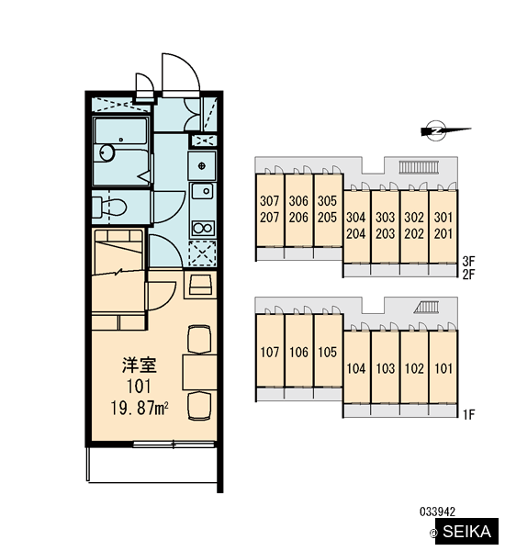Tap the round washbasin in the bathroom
tap(107, 152)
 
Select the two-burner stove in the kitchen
tap(203, 229)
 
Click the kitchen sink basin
tap(202, 192)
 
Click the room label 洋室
tap(140, 365)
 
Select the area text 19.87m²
tap(140, 408)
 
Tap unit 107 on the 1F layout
tap(270, 352)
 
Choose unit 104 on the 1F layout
tap(356, 368)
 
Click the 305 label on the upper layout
tap(327, 200)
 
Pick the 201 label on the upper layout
tap(443, 233)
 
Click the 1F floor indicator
tap(469, 415)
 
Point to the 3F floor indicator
tap(469, 261)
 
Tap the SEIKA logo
tap(466, 532)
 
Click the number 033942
tap(438, 512)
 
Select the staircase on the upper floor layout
tap(419, 167)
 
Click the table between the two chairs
tap(199, 373)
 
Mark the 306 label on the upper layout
tap(298, 200)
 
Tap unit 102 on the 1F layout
tap(414, 368)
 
